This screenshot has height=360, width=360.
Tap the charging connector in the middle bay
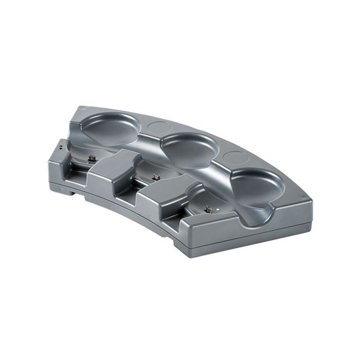point(156,177)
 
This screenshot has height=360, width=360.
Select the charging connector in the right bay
point(209,209)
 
